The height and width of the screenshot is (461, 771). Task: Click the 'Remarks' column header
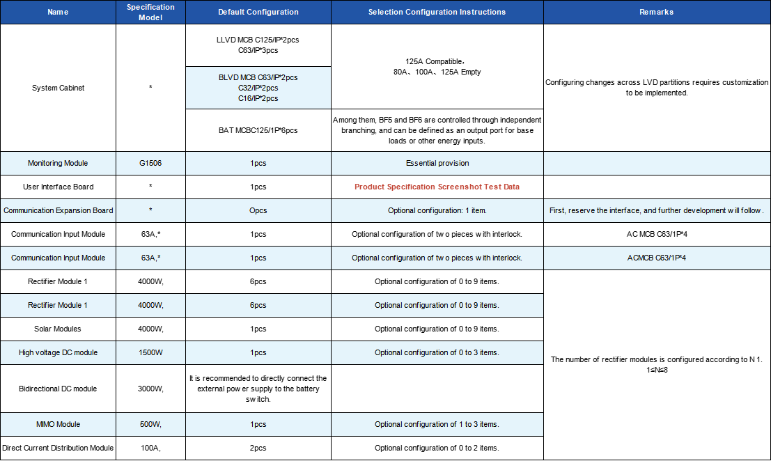tap(656, 12)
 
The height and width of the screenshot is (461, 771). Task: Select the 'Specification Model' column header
tap(150, 12)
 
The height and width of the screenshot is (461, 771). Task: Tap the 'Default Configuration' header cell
tap(258, 12)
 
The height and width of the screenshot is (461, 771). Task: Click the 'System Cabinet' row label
tap(59, 88)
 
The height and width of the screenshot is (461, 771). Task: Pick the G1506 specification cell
tap(150, 163)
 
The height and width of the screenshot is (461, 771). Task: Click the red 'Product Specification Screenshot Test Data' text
tap(437, 187)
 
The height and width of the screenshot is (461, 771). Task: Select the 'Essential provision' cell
tap(437, 163)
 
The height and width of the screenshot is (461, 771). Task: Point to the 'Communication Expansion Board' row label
tap(59, 210)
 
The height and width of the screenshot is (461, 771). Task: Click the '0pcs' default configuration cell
tap(258, 210)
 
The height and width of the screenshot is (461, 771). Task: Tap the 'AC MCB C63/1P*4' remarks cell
tap(656, 234)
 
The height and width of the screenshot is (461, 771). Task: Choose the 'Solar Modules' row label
tap(59, 329)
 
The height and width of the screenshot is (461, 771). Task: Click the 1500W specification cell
tap(150, 352)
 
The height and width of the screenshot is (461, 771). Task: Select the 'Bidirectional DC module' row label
tap(59, 389)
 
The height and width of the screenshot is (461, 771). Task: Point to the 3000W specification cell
tap(150, 389)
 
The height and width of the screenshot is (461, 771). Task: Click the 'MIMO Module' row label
tap(59, 424)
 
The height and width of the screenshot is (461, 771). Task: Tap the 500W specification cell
tap(150, 424)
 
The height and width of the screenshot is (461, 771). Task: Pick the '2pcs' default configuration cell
tap(258, 448)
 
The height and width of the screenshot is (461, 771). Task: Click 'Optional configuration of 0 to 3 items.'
tap(437, 352)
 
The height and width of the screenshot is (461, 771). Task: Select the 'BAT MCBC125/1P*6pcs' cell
tap(258, 130)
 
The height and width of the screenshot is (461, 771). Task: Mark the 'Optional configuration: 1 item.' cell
tap(437, 210)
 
